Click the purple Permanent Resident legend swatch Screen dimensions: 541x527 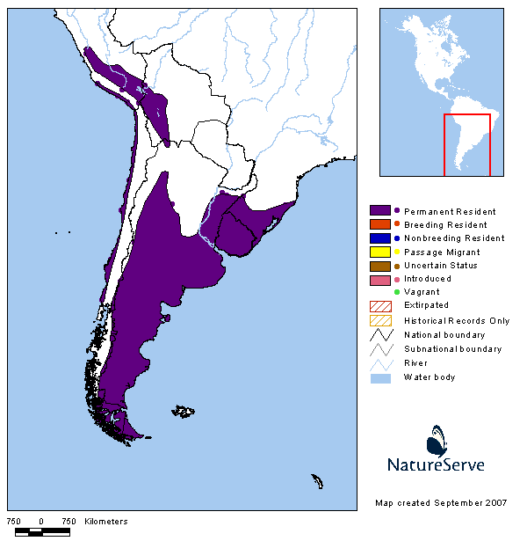[x=380, y=211]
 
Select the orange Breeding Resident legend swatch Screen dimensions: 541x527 [x=380, y=225]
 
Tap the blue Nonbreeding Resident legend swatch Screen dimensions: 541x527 [x=380, y=238]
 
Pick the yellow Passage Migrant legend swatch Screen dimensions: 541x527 [x=380, y=252]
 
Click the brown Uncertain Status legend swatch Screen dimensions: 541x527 [x=380, y=266]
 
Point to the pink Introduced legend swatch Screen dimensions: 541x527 [x=380, y=280]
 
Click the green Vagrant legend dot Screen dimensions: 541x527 [x=397, y=292]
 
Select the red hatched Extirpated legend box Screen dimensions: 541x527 [x=380, y=305]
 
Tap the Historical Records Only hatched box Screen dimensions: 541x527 [x=380, y=320]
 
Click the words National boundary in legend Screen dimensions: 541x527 [x=444, y=335]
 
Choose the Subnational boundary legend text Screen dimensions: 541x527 [x=452, y=349]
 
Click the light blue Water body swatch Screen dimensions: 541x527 [x=380, y=377]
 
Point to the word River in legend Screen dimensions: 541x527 [x=415, y=363]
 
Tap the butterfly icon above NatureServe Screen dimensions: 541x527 [x=437, y=439]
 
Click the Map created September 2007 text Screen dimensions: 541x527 [x=440, y=503]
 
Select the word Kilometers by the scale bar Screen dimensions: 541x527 [x=106, y=522]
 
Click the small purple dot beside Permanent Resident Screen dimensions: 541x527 [x=397, y=211]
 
